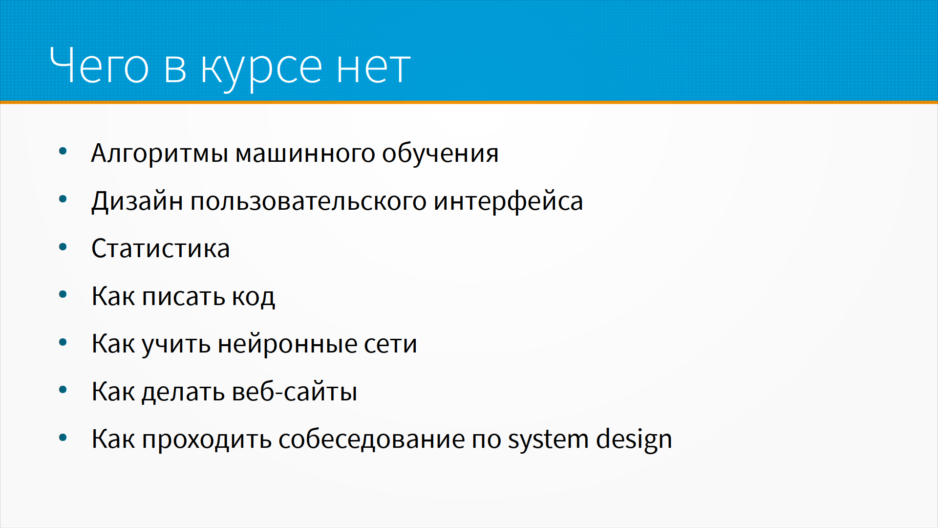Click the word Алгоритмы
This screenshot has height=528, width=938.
[x=160, y=154]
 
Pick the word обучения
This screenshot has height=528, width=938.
[x=440, y=153]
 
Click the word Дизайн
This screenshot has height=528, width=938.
[x=137, y=201]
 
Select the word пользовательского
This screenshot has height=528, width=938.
[x=308, y=201]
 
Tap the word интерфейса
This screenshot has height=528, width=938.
[x=508, y=201]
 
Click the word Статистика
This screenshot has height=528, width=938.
[x=161, y=248]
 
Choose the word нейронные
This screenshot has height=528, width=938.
[x=287, y=343]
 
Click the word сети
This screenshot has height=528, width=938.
[x=390, y=344]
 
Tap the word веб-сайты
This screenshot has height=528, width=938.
[x=295, y=391]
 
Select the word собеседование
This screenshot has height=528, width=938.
[x=371, y=439]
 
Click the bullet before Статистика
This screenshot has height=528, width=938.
[x=63, y=247]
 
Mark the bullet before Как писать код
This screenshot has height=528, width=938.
[x=63, y=295]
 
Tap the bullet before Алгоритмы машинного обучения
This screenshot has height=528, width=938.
[x=63, y=152]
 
